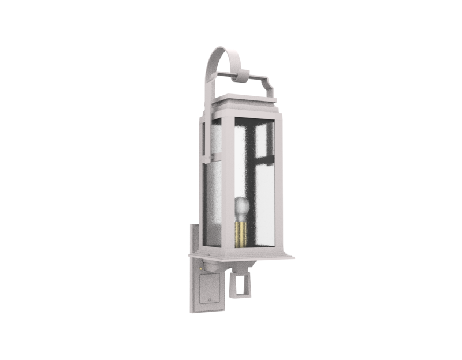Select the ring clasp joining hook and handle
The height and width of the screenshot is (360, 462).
[x=243, y=76]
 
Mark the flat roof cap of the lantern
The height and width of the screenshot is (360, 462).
[x=245, y=102]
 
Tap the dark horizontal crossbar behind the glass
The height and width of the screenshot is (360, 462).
[x=263, y=156]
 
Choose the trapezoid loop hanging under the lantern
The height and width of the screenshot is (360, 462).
[x=239, y=283]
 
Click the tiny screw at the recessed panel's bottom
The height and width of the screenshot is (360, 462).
[x=208, y=301]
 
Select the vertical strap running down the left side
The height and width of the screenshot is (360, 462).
[x=203, y=138]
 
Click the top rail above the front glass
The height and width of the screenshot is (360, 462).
[x=254, y=118]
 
